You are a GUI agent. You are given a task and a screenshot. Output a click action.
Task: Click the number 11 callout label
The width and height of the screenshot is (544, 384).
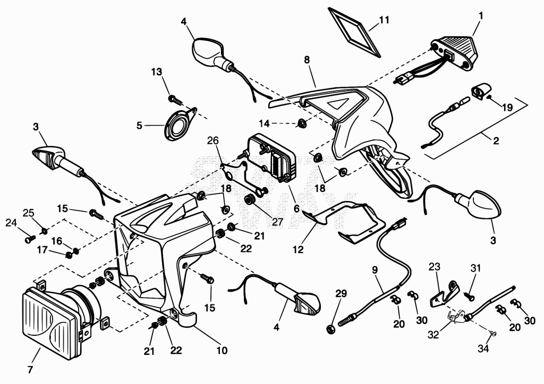[384, 20]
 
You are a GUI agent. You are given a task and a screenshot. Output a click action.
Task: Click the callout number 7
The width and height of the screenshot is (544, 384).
[30, 370]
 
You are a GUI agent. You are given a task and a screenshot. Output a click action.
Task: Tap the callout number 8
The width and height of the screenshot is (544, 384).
[307, 60]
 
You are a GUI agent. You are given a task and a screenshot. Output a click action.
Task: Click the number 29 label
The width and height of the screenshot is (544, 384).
[341, 294]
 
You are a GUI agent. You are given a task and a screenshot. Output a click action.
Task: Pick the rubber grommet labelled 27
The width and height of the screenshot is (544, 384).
[249, 200]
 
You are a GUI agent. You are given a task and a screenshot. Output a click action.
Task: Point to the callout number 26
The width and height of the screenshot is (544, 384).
[214, 141]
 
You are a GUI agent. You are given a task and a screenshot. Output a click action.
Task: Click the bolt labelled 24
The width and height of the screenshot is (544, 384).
[30, 239]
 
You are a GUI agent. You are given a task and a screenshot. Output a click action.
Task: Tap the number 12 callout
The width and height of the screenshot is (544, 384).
[298, 249]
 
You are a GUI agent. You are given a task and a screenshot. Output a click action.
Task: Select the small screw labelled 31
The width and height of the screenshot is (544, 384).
[469, 296]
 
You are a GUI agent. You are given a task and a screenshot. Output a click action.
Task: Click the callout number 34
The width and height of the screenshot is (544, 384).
[483, 348]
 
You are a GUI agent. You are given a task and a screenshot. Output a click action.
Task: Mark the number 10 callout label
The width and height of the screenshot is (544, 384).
[222, 351]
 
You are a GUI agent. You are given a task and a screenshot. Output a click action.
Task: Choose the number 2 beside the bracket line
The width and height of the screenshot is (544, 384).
[496, 141]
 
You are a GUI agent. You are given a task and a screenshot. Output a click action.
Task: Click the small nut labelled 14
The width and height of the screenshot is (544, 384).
[302, 123]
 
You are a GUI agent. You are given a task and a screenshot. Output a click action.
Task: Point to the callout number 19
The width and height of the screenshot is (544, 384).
[507, 107]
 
